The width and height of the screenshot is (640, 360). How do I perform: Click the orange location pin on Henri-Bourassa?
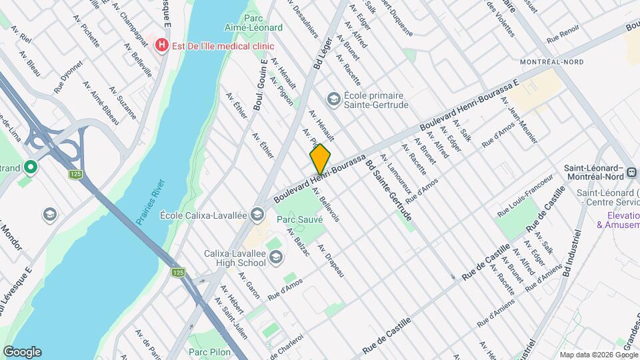coord(320,158)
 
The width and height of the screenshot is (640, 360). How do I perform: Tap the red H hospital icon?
coord(161,45)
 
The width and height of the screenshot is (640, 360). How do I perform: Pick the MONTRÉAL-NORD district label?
coord(551,62)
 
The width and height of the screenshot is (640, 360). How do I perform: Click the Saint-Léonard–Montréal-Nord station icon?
coord(631,175)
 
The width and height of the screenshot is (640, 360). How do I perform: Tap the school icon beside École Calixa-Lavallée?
coord(259,215)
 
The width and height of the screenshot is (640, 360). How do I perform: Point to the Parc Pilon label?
coord(209,351)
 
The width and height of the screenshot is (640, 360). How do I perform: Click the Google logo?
coord(22,351)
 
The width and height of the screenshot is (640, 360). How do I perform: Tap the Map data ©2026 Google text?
coord(597,354)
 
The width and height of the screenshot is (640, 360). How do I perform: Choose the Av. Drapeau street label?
coord(331,261)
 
